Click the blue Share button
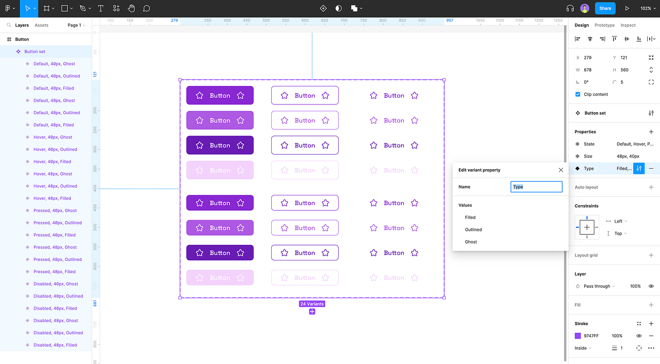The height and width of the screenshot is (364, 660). pos(605,8)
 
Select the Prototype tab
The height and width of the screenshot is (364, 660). pos(605,25)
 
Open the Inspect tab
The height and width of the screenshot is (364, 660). pos(628,25)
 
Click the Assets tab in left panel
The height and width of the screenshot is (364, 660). pos(41,25)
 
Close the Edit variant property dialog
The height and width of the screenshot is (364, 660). pos(561,170)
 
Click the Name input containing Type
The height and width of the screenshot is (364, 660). pos(536,187)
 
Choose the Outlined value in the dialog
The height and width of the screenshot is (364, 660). pos(473,229)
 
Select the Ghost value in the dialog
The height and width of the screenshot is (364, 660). pos(471,242)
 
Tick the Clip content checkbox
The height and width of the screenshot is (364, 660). pos(578,94)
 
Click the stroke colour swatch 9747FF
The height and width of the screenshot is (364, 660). pos(578,336)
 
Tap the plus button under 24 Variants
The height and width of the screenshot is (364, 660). pos(312,312)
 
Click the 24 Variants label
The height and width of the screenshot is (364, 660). pos(312,304)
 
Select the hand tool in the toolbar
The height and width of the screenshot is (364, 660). pos(131,8)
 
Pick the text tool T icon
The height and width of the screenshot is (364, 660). pos(101,8)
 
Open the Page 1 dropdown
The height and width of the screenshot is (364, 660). pos(76,25)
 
